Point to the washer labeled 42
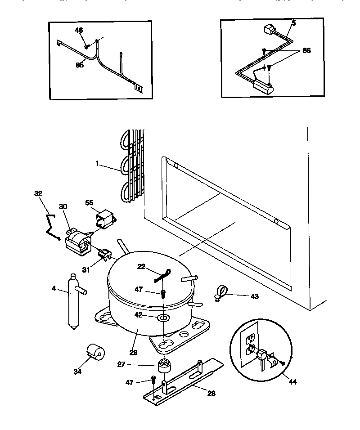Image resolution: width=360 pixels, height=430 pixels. (x=163, y=318)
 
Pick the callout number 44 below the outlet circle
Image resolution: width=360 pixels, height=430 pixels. (x=293, y=383)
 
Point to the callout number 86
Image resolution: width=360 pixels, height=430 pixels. (x=306, y=51)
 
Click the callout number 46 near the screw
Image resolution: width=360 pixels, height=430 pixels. (x=79, y=30)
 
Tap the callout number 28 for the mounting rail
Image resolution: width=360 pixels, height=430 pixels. (x=211, y=394)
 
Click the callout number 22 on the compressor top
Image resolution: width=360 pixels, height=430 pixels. (x=142, y=267)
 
